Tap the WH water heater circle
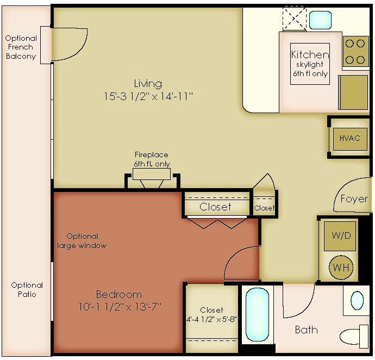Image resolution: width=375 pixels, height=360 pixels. [341, 268]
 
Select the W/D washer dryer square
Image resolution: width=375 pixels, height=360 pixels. [340, 236]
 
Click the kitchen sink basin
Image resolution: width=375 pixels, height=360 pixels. [320, 20]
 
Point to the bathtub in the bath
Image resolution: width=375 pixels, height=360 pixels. [257, 314]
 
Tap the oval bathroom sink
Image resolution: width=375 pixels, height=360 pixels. [357, 300]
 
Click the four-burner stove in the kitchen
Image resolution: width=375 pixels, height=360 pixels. [355, 52]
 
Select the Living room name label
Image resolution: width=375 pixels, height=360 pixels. [148, 84]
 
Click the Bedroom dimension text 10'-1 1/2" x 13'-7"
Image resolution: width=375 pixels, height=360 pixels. [120, 307]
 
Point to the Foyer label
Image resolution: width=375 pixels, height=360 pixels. [354, 199]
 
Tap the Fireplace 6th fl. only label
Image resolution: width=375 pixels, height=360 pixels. [152, 159]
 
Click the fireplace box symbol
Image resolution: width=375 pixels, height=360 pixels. [152, 174]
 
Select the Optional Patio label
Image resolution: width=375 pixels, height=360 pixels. [27, 290]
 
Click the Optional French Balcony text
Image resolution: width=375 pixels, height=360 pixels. [21, 47]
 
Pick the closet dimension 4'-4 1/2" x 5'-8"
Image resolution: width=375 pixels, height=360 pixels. [211, 320]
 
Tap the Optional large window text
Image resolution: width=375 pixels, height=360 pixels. [82, 241]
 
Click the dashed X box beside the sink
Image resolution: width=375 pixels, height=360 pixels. [295, 18]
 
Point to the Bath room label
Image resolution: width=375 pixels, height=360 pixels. [307, 330]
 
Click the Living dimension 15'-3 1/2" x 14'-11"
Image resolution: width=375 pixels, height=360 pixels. [148, 97]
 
